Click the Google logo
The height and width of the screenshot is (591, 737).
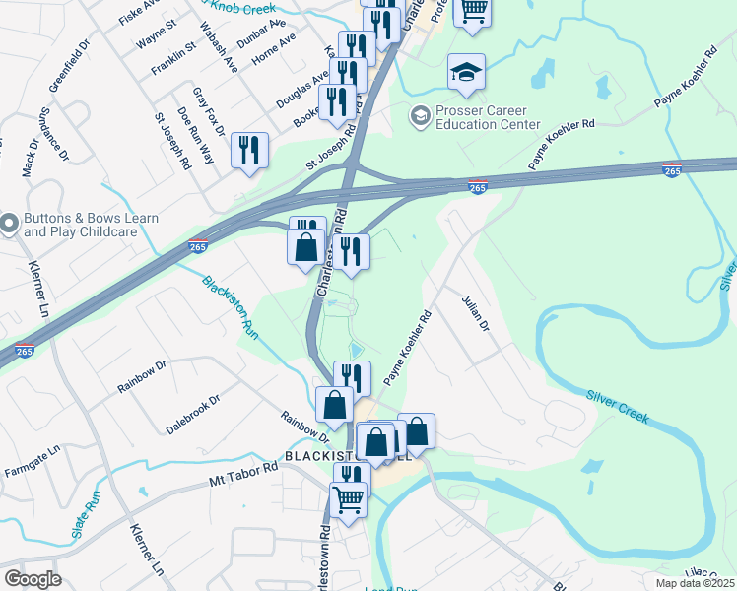(x=33, y=579)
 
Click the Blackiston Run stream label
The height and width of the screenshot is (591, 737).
(x=231, y=308)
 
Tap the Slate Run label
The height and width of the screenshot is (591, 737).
(x=86, y=520)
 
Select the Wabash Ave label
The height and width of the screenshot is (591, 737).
(x=219, y=47)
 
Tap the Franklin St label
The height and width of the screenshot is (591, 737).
(x=174, y=61)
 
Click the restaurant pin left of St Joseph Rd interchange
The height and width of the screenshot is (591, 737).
(x=249, y=151)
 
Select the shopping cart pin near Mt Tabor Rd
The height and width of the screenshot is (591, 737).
(x=349, y=501)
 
